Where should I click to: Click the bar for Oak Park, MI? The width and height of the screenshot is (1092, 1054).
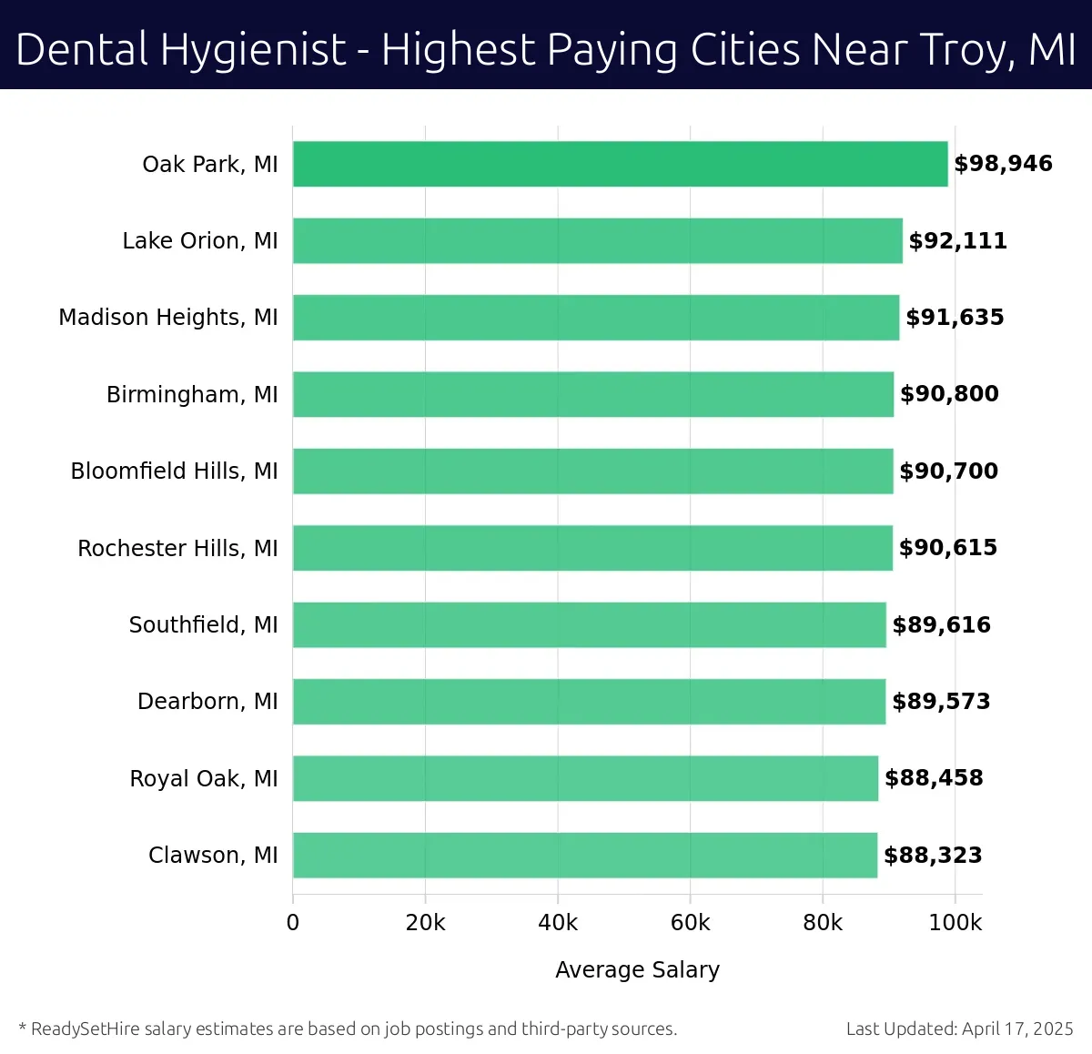pos(620,164)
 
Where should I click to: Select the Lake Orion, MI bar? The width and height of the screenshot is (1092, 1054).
pos(597,240)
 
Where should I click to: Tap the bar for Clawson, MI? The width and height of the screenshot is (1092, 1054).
pos(584,855)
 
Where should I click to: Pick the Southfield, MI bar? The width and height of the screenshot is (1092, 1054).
pos(589,624)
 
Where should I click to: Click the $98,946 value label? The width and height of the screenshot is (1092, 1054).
pos(1003,164)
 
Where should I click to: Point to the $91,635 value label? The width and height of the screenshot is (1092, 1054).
pos(955,317)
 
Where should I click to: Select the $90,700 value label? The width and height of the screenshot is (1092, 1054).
pos(948,471)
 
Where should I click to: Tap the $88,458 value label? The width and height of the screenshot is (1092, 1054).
pos(934,778)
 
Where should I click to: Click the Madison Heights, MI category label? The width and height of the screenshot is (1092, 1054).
pos(168,317)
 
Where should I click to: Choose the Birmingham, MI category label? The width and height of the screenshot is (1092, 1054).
pos(192,394)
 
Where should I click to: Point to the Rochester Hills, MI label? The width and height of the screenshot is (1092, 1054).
pos(177,548)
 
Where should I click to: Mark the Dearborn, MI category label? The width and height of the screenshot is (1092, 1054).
pos(207,701)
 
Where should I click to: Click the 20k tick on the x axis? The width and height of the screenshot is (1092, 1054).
pos(425,923)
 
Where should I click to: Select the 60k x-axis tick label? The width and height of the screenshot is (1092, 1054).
pos(690,923)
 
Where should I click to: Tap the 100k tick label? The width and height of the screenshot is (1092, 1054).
pos(955,923)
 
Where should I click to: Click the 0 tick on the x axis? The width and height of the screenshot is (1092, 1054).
pos(293,923)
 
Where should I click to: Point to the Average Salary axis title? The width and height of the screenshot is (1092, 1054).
pos(637,969)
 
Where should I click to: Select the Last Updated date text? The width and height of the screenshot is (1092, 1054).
pos(959,1029)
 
